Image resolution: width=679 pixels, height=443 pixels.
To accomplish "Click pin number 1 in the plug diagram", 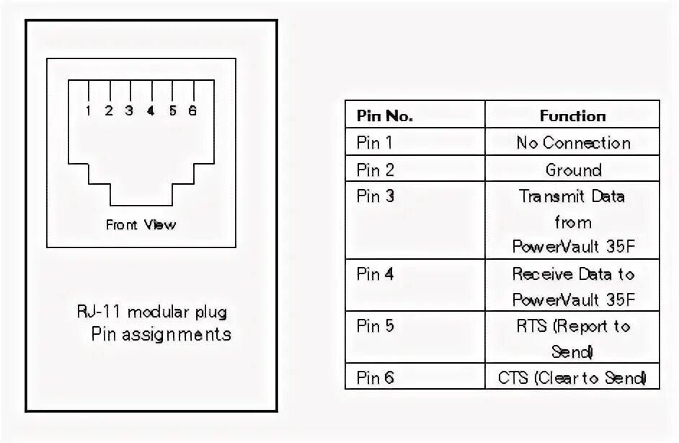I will pos(88,111).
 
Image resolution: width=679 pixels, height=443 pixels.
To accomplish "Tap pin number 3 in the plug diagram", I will pos(129,111).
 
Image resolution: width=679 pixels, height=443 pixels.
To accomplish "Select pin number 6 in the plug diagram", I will pos(192,111).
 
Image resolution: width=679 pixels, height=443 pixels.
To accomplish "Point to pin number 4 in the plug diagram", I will pos(151,111).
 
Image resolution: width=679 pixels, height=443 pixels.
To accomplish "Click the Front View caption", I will pos(141,224).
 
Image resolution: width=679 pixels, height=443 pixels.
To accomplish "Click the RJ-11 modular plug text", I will pos(152,312).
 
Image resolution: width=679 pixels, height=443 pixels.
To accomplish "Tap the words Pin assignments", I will pos(161,334).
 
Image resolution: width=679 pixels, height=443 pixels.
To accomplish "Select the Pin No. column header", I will pos(384,115).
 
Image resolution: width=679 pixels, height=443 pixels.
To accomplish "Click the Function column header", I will pos(572,115).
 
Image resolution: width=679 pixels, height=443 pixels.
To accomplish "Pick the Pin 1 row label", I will pos(376,142).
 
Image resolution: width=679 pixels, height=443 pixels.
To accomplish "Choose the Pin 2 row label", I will pos(376,170).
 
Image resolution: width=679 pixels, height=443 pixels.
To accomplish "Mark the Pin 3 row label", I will pos(376,196).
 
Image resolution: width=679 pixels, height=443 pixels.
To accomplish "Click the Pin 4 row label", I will pos(376,274).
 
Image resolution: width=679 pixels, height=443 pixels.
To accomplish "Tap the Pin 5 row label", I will pos(376,325).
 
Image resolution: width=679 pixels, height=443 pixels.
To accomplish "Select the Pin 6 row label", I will pos(376,377).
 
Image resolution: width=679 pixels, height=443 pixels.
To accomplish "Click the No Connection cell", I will pos(573,142).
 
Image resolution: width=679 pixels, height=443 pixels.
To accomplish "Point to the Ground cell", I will pos(573,170).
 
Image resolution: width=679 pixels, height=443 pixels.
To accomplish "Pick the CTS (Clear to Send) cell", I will pos(573,377).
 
